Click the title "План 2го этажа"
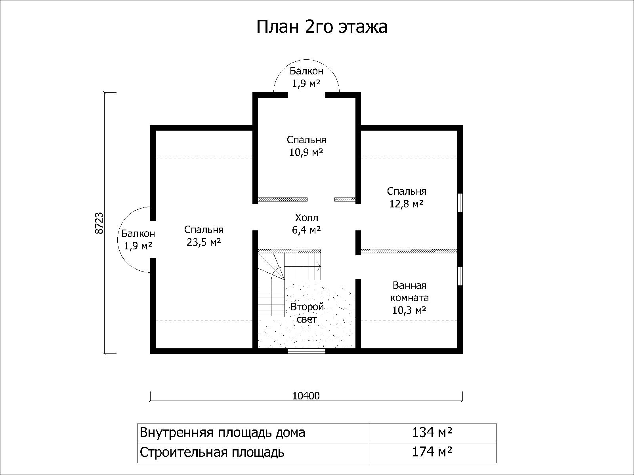point(322,27)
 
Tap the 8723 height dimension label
point(99,223)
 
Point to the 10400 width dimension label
point(306,396)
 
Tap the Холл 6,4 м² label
point(306,224)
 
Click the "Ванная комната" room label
point(409,292)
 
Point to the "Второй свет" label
point(307,313)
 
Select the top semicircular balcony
point(306,60)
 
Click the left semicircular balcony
point(118,239)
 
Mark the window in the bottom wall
point(306,351)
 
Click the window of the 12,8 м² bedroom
point(460,203)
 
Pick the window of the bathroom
point(460,276)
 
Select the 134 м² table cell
point(433,433)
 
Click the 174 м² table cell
point(433,452)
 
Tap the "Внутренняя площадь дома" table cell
point(253,433)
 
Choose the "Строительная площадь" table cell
point(253,452)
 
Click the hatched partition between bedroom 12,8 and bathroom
point(409,251)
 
